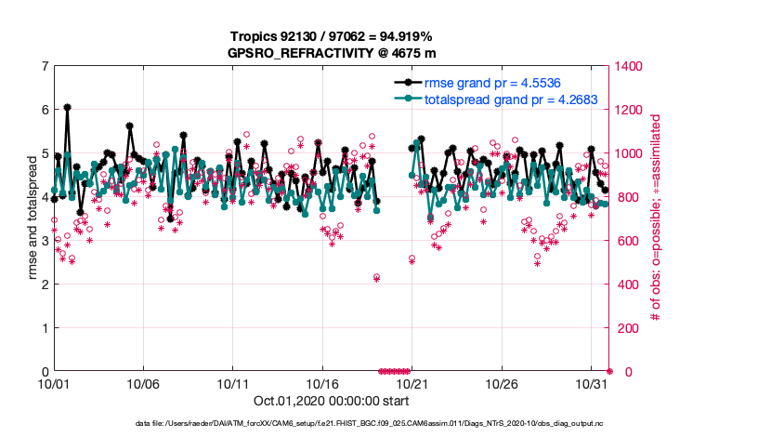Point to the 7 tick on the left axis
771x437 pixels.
click(45, 66)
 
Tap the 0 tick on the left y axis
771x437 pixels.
click(45, 372)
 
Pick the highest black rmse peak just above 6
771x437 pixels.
click(67, 108)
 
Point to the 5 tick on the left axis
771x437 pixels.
click(45, 153)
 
